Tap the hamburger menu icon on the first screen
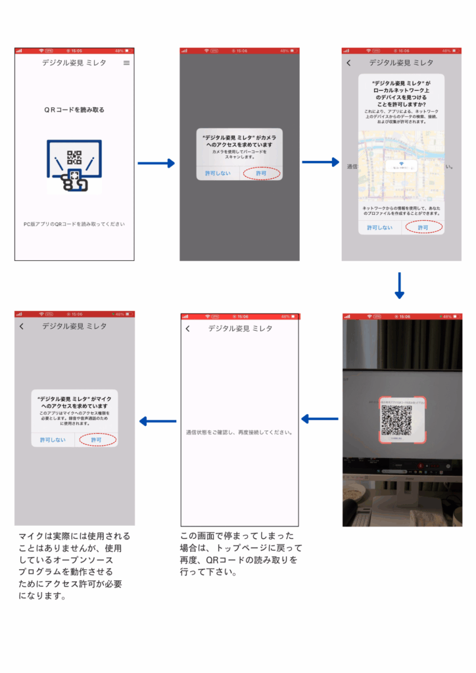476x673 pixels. coord(127,63)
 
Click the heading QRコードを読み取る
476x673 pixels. coord(74,110)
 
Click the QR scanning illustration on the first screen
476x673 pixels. coord(74,165)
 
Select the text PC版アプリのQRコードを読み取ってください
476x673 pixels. coord(74,224)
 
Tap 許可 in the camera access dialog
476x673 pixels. coord(261,174)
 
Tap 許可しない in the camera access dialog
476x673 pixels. coord(218,174)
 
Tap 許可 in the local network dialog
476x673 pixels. coord(423,227)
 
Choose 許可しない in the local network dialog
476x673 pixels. coord(380,227)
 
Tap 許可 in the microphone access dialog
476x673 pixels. coord(97,440)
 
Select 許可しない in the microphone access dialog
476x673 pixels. coord(53,440)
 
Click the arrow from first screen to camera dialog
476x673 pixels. coord(156,164)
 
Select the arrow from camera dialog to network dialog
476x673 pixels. coord(320,162)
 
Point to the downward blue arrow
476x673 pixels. coord(399,286)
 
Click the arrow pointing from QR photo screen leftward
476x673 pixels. coord(320,419)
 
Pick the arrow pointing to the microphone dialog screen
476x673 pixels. coord(158,421)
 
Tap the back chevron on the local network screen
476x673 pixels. coord(348,63)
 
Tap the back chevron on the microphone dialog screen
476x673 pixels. coord(22,326)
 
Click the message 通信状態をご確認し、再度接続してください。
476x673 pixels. coord(239,433)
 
